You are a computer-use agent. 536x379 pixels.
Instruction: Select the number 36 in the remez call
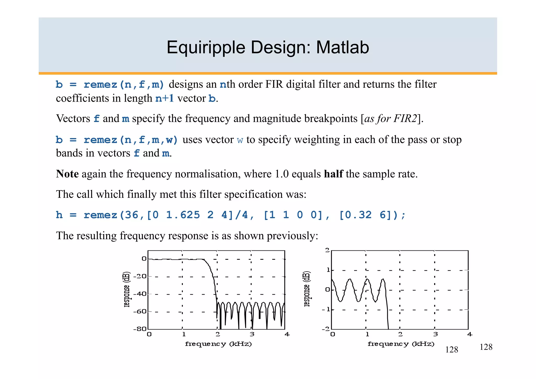(131, 215)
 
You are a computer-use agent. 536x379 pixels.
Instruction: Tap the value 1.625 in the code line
(183, 215)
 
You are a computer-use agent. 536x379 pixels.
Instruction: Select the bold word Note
(67, 174)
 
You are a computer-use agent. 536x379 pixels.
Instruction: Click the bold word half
(333, 174)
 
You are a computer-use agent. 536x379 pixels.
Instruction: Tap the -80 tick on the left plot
(140, 329)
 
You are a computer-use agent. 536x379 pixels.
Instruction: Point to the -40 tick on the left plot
(140, 294)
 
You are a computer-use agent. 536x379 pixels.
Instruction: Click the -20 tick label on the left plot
(140, 276)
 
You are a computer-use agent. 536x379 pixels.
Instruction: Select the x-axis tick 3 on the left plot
(252, 334)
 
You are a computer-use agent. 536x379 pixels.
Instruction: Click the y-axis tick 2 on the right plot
(327, 250)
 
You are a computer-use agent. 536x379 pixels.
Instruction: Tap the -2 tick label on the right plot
(326, 329)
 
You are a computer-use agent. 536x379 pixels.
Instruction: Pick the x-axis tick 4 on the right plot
(470, 334)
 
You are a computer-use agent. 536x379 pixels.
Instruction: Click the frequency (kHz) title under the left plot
(218, 344)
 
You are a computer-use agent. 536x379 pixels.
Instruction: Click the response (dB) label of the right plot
(307, 289)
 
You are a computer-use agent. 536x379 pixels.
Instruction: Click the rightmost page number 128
(486, 347)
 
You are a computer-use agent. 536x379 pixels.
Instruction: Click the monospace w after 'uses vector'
(240, 140)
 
